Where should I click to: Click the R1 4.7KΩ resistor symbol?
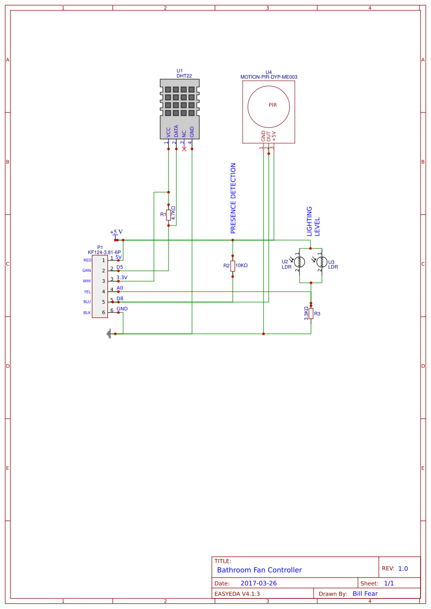(169, 215)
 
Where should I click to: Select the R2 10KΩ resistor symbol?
(233, 266)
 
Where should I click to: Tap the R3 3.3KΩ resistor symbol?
(311, 313)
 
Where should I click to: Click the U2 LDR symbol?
(299, 262)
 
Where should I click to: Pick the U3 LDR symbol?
(321, 262)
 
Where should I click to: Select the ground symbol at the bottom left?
(109, 333)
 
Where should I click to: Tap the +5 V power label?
(116, 232)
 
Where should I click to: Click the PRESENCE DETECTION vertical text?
(233, 198)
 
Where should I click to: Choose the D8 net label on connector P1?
(119, 299)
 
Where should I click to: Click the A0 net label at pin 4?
(119, 288)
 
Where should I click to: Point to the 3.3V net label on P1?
(122, 278)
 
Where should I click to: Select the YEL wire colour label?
(87, 292)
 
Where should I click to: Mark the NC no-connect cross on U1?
(184, 149)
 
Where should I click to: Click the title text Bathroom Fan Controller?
(259, 570)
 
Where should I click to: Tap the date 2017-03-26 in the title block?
(258, 583)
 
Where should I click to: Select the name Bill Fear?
(365, 593)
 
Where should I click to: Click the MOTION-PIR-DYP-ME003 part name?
(269, 77)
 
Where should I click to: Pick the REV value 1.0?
(403, 569)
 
